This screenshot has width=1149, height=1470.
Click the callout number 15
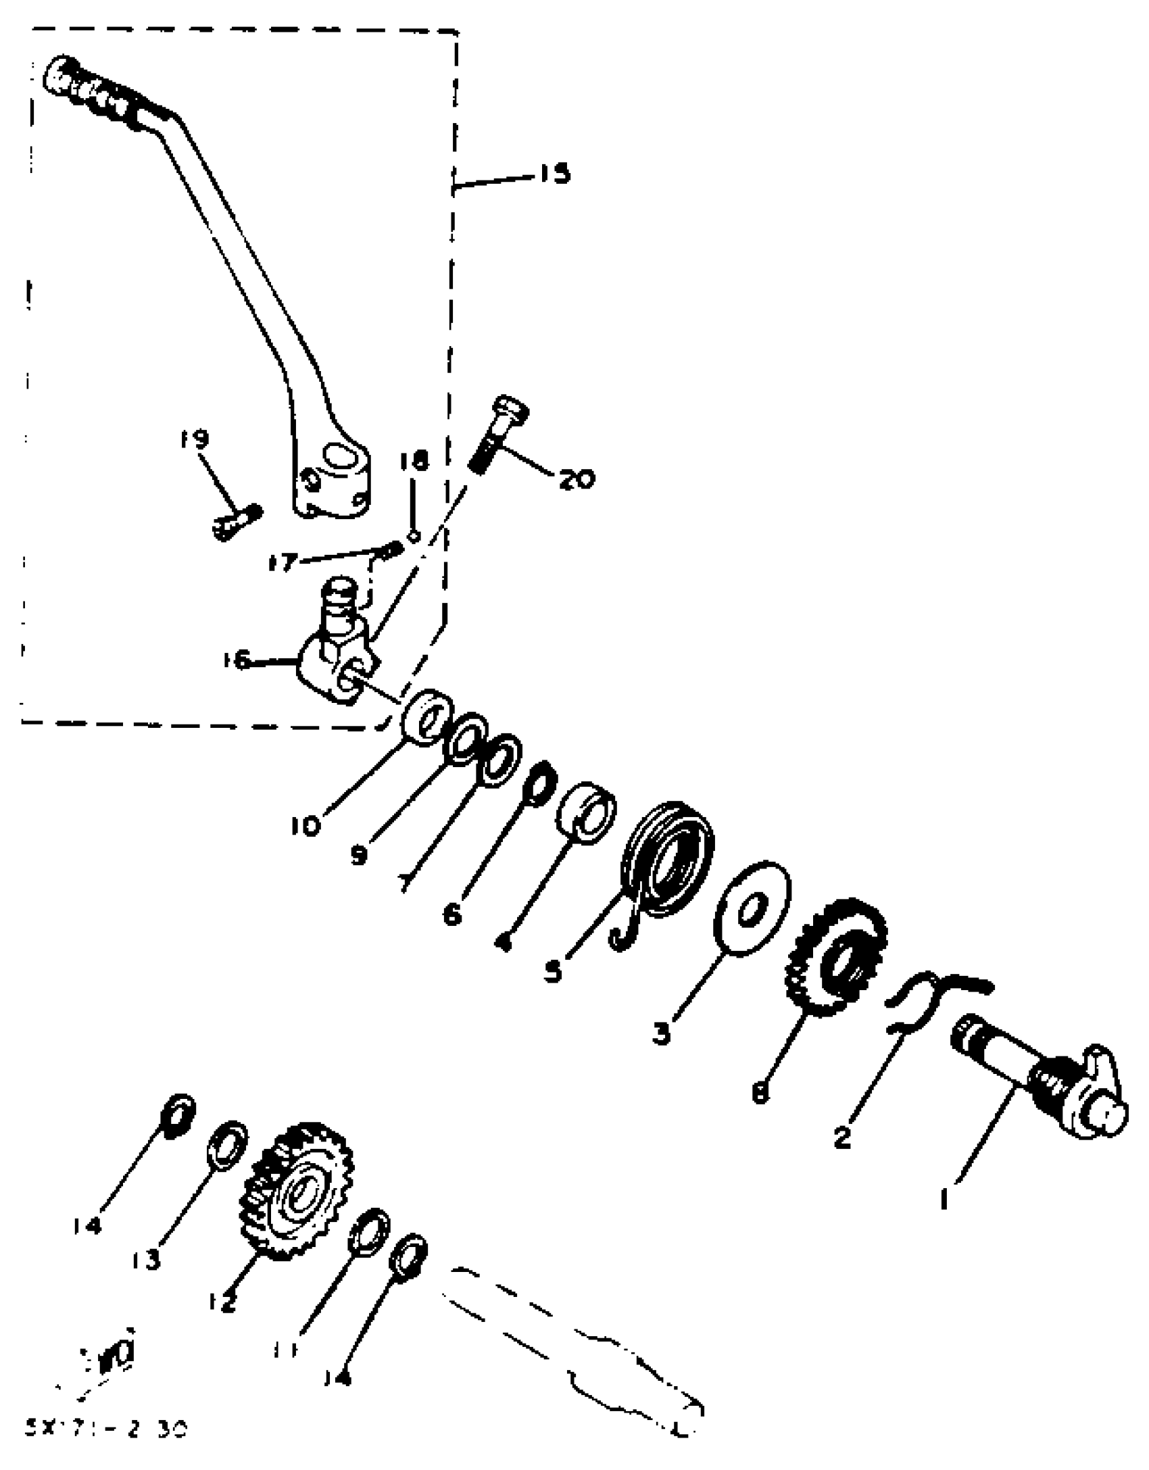[555, 174]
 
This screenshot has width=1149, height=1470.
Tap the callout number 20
[577, 479]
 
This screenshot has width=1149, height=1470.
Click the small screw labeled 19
[237, 522]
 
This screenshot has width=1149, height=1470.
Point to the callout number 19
[195, 440]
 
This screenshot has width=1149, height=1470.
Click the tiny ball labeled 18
[414, 535]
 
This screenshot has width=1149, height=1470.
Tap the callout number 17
[282, 562]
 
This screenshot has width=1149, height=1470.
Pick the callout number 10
[305, 825]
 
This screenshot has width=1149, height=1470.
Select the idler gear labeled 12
[297, 1193]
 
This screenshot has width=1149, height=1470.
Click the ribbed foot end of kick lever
[88, 91]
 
